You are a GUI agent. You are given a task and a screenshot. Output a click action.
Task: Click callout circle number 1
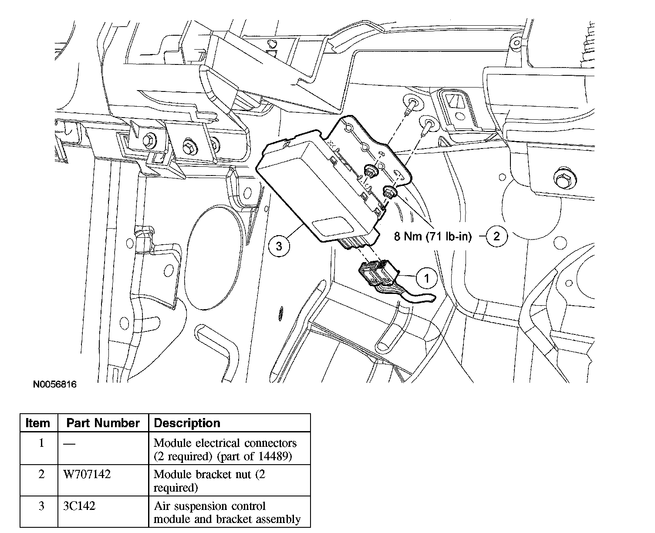click(x=426, y=278)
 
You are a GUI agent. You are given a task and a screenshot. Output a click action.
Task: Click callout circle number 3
click(x=279, y=246)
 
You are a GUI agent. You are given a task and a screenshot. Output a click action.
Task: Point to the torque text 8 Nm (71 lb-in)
click(x=433, y=237)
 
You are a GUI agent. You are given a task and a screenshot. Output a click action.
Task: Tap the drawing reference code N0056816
click(x=54, y=385)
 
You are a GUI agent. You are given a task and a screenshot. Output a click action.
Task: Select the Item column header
click(x=38, y=423)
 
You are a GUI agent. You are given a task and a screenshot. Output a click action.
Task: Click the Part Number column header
click(x=103, y=423)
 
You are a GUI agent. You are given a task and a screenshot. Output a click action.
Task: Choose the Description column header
click(x=187, y=423)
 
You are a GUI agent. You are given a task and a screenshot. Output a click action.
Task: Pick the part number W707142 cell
click(x=87, y=474)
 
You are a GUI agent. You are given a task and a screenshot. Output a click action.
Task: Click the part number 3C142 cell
click(x=79, y=506)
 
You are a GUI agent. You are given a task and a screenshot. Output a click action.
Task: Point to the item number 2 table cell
click(x=41, y=474)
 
